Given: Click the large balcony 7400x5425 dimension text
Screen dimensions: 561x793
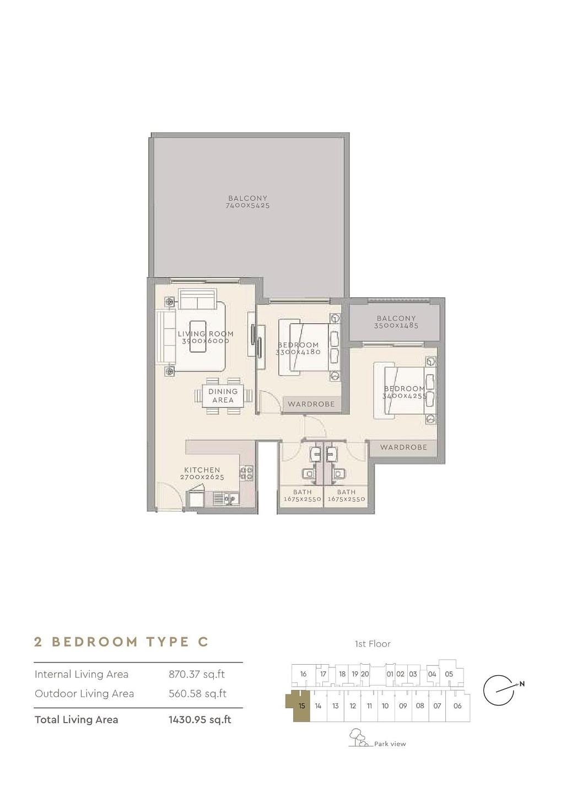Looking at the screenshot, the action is [x=247, y=205].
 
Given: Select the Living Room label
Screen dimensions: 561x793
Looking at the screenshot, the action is [x=206, y=334].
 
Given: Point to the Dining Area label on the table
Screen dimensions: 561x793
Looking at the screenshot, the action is [x=223, y=395].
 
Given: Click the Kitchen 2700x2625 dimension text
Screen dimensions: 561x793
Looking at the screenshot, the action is [x=202, y=477].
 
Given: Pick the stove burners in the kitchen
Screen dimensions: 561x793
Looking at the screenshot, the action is [x=247, y=473].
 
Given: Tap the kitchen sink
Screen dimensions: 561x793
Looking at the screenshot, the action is [x=226, y=498].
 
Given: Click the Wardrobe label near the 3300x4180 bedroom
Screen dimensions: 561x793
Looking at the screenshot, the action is [x=311, y=404].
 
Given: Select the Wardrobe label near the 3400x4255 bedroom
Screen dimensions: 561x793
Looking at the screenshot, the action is [x=403, y=447].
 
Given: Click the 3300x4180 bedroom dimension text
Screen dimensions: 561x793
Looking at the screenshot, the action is [x=298, y=352].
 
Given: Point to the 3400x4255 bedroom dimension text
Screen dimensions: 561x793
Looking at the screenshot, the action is [x=404, y=396].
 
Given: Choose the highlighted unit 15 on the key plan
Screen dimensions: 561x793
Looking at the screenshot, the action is [x=301, y=706].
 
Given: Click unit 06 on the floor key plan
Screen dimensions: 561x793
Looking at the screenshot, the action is [x=457, y=706].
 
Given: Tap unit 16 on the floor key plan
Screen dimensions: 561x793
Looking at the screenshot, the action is [x=303, y=674].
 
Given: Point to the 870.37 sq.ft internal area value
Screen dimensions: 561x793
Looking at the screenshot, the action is [x=197, y=675].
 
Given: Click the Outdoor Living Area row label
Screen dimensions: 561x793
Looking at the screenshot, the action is [x=84, y=693].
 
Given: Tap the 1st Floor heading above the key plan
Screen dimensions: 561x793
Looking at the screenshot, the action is [x=373, y=644].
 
